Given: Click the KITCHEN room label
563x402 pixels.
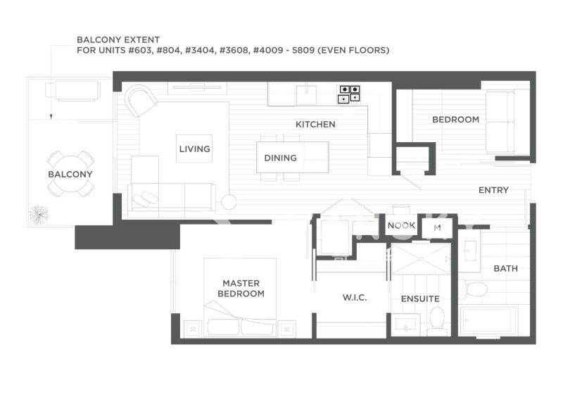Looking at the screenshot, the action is (x=315, y=125).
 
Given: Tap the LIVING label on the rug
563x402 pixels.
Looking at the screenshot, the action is (x=195, y=149).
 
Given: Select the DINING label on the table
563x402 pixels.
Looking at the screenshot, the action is (x=280, y=158).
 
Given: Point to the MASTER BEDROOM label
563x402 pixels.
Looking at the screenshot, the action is (x=241, y=289).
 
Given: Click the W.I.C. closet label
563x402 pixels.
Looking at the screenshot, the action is (x=355, y=298).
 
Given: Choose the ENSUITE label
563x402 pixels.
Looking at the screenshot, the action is (x=420, y=299).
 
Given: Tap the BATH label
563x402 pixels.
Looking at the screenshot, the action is (x=505, y=268).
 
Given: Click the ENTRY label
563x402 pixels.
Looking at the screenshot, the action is (x=493, y=190).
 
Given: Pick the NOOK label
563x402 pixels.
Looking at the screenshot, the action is (x=401, y=225).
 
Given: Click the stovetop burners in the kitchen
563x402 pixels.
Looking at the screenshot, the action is (x=349, y=94).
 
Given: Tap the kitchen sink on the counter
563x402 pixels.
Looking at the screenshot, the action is (x=306, y=94).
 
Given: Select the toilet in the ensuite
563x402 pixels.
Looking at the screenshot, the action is (x=437, y=321).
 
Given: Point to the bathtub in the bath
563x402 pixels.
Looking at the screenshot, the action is (x=489, y=320).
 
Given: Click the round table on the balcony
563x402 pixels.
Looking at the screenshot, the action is (x=71, y=174).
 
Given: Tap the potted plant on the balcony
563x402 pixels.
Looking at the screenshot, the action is (x=38, y=215).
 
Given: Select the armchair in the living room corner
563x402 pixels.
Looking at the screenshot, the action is (x=140, y=100).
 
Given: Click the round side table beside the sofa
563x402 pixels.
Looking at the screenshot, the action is (x=229, y=202).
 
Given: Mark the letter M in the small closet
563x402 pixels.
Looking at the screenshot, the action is (x=437, y=228).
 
